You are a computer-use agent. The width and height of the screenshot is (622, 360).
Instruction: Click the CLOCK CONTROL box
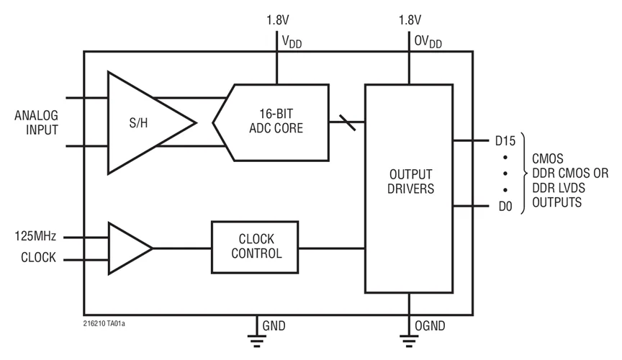[x=256, y=247]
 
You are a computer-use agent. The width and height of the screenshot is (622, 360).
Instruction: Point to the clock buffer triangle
[x=126, y=248]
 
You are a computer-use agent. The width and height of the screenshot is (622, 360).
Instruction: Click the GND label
[x=274, y=326]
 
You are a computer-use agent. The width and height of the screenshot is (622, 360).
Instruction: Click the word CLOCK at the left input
[x=37, y=258]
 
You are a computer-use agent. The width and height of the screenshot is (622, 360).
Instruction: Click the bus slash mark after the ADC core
[x=346, y=122]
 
